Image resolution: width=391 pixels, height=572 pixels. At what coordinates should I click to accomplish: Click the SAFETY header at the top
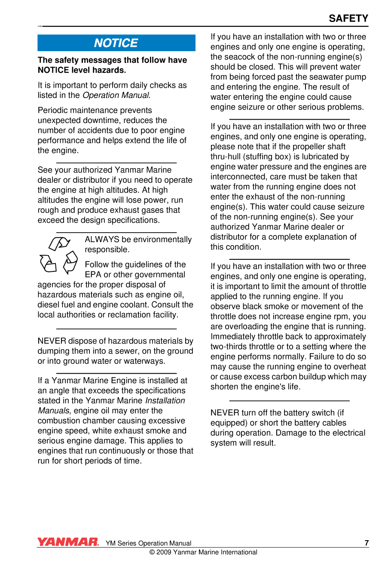(x=348, y=18)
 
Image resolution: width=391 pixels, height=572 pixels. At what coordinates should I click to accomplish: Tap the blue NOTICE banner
(x=116, y=43)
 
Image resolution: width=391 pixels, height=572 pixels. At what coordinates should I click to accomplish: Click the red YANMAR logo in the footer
(x=68, y=542)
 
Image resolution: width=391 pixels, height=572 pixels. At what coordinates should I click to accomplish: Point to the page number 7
(x=367, y=543)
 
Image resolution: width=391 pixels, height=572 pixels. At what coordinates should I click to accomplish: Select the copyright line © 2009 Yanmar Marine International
(x=203, y=552)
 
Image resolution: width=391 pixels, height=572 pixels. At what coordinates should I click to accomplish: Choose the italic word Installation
(x=165, y=400)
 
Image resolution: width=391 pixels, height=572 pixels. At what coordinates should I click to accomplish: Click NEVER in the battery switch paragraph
(x=225, y=413)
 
